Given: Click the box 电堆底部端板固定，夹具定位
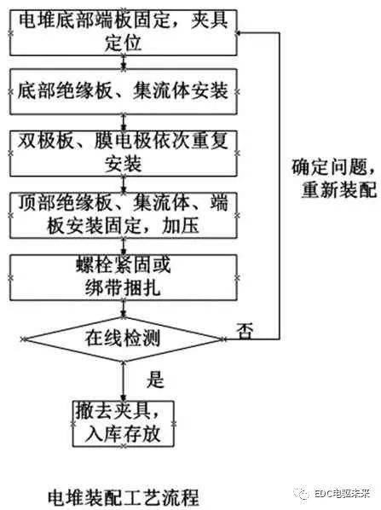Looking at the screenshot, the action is click(124, 32).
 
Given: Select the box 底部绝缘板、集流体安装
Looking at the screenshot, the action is click(124, 91).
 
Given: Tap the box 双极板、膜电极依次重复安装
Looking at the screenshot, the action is click(124, 154).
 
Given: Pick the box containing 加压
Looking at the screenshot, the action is click(124, 215).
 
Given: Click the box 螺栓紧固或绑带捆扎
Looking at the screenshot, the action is click(124, 277).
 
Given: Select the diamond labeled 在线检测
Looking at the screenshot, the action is click(124, 339).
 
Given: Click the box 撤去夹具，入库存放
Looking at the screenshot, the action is click(124, 424).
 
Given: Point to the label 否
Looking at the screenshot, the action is click(245, 331).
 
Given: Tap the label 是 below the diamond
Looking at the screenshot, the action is click(155, 379).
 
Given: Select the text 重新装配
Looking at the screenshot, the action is click(339, 189).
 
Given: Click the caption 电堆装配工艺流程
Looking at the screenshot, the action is click(124, 496).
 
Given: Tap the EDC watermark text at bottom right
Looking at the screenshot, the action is click(342, 494).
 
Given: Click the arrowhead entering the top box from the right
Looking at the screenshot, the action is click(240, 33).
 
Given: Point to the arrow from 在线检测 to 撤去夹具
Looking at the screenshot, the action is click(124, 381).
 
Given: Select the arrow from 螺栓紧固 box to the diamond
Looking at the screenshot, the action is click(124, 309).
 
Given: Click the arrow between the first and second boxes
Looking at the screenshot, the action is click(124, 62).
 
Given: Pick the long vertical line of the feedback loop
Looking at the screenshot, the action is click(280, 186).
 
